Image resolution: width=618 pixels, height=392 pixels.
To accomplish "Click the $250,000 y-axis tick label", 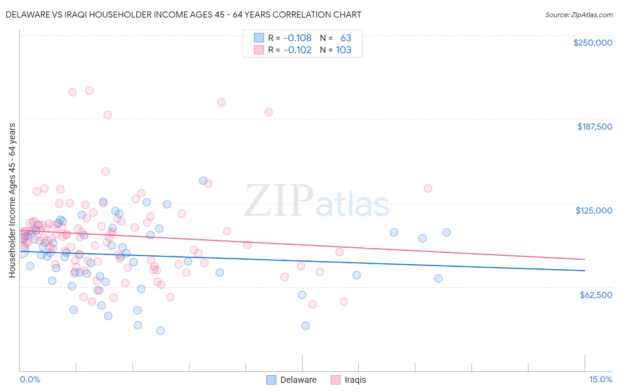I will point(593,43).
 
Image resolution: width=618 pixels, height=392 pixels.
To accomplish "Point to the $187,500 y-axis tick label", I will point(595,127).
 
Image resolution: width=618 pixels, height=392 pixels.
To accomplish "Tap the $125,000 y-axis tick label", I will point(594,211).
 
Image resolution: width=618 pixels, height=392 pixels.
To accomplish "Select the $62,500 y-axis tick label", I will point(596,295).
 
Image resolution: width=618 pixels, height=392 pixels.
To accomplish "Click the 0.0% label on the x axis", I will point(30,380).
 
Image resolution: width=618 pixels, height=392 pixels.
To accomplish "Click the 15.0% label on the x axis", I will point(600,380).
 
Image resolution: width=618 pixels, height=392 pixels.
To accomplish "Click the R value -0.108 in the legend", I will point(297,38).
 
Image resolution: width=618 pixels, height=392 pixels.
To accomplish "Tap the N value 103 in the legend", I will point(343,50).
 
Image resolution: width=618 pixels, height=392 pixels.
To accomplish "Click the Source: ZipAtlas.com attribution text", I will point(578,15).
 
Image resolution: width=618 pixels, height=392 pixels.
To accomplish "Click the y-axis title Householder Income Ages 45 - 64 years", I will point(12,200).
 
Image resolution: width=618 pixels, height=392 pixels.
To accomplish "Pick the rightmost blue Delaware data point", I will point(447,232).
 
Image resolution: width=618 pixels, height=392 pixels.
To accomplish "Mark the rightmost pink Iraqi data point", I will point(428,189).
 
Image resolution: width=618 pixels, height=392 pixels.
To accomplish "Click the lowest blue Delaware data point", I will point(160,330).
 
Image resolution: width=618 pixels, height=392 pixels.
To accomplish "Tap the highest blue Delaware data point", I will point(203,181).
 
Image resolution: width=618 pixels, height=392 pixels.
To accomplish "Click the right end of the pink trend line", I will point(585,259).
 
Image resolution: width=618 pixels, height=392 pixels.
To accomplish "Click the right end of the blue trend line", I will point(585,270).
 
